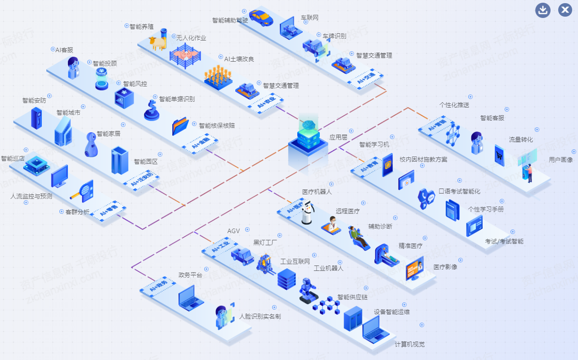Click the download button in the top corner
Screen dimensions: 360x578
[x=543, y=10]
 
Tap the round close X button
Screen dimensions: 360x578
[x=565, y=10]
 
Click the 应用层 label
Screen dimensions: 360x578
[x=338, y=137]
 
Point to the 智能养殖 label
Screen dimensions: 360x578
[x=142, y=27]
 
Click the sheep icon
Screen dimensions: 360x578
[x=158, y=43]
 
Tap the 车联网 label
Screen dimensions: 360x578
[x=309, y=18]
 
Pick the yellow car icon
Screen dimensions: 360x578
[x=261, y=18]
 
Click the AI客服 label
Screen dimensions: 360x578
[x=64, y=50]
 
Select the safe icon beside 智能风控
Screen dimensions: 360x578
[x=124, y=98]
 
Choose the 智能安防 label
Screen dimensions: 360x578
[x=34, y=100]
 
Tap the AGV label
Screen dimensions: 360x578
[x=233, y=231]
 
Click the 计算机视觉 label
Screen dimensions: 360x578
[x=410, y=344]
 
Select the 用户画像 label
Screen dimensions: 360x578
[x=561, y=159]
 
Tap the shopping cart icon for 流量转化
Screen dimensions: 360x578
[x=500, y=155]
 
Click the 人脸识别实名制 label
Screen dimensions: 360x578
[x=260, y=316]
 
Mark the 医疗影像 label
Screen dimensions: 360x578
[x=445, y=267]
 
